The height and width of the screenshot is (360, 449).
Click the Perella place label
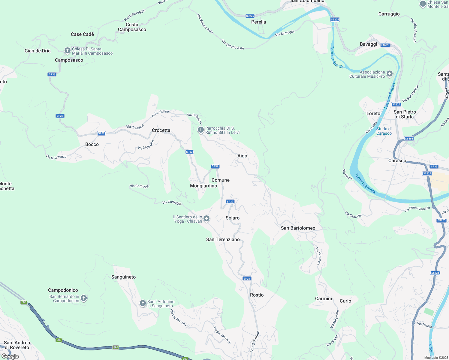[258, 22]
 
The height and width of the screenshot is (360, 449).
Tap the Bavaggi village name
[368, 44]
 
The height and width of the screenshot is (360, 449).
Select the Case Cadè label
[82, 34]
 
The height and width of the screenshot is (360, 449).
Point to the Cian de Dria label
[38, 51]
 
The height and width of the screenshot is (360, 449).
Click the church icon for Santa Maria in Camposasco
[68, 51]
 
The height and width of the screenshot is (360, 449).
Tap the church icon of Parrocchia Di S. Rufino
[200, 130]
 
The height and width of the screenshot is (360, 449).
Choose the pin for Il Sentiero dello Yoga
[206, 219]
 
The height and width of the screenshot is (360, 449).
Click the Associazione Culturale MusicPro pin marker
[390, 74]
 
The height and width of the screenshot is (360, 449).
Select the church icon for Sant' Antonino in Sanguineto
[143, 303]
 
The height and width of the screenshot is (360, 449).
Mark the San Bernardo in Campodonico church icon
[84, 298]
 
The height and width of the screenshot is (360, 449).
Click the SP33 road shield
[434, 166]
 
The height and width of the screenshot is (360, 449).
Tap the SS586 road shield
[409, 139]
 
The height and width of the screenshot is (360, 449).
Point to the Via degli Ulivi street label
[146, 145]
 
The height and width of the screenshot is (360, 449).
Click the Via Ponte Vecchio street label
[417, 209]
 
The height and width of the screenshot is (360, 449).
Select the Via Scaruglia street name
[285, 33]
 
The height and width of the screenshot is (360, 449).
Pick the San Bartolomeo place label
[298, 228]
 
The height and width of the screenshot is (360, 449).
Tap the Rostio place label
[257, 295]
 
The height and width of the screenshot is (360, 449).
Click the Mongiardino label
[203, 186]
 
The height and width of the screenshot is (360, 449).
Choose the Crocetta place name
[161, 130]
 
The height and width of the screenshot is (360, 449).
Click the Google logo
[10, 356]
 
